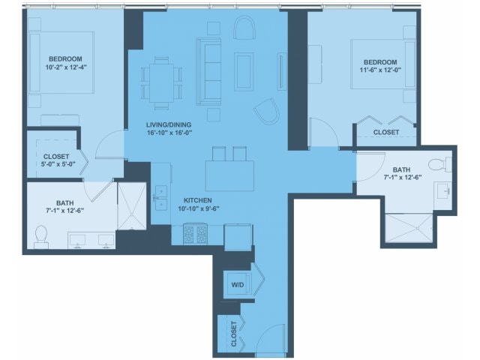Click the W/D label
pyautogui.click(x=238, y=285)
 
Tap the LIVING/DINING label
pyautogui.click(x=169, y=125)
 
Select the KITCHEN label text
pyautogui.click(x=198, y=200)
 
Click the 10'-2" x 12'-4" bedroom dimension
pyautogui.click(x=65, y=67)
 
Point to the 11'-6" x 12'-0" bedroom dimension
pyautogui.click(x=380, y=70)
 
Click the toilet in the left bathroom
pyautogui.click(x=41, y=237)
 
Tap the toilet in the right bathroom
pyautogui.click(x=440, y=164)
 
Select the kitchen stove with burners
pyautogui.click(x=195, y=235)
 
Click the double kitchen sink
pyautogui.click(x=161, y=198)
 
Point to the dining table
pyautogui.click(x=162, y=83)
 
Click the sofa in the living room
pyautogui.click(x=208, y=72)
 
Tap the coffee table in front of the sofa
pyautogui.click(x=244, y=72)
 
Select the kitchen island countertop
pyautogui.click(x=230, y=176)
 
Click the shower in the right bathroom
pyautogui.click(x=409, y=228)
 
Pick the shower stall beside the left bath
pyautogui.click(x=132, y=206)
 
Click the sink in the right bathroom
pyautogui.click(x=443, y=191)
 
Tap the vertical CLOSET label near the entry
pyautogui.click(x=234, y=334)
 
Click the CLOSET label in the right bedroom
pyautogui.click(x=386, y=132)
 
